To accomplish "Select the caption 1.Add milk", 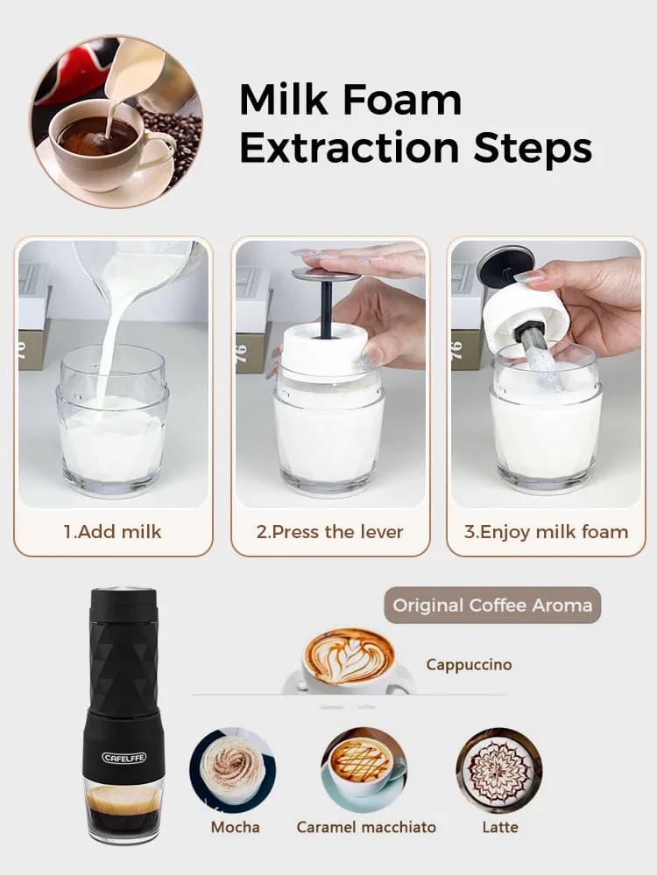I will tap(112, 531).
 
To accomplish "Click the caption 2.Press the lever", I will tap(329, 531).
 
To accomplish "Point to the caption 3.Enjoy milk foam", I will tap(546, 531).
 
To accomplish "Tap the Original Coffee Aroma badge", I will tap(492, 605).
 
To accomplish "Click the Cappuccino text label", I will tap(469, 664).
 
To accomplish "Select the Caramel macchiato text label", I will tap(366, 827).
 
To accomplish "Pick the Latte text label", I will tap(499, 827).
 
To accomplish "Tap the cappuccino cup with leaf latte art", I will tap(349, 661).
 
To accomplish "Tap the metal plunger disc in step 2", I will tap(326, 275).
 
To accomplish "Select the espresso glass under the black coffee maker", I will tap(124, 809).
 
